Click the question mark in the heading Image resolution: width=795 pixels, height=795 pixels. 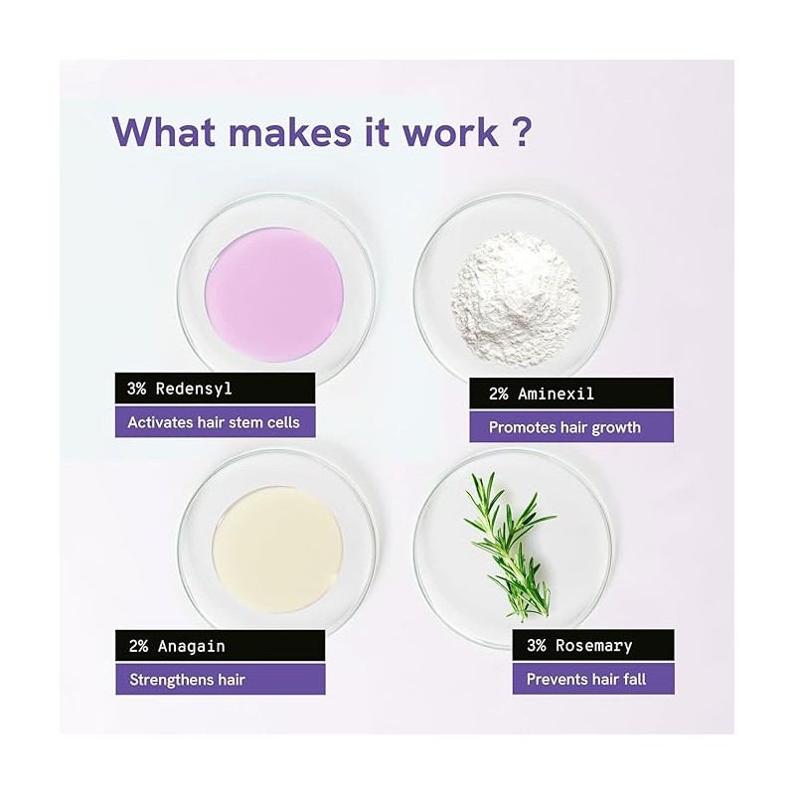coord(519,131)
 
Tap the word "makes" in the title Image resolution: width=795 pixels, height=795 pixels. coord(289,132)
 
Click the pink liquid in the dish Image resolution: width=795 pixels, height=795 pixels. coord(274,294)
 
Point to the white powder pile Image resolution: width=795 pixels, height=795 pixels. coord(515,299)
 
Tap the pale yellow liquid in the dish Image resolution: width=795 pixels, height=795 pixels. coord(277,551)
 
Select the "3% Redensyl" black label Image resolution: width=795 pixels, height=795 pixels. coord(215,389)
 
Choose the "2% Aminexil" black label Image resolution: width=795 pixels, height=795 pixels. coord(571,394)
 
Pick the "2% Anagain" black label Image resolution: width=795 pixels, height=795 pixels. coord(220,645)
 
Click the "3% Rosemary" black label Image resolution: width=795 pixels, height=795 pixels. coord(593,645)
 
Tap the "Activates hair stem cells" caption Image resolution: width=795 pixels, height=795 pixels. coord(215,421)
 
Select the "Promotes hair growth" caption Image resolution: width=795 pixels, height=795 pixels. coord(571,427)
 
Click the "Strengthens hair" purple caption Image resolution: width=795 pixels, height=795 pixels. coord(220,679)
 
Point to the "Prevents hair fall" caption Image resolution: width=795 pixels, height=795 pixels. coord(593,679)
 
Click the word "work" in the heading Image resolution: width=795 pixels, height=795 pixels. coord(450,132)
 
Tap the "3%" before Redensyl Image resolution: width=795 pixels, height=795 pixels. coord(136,389)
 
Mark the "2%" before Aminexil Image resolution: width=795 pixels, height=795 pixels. coord(499,394)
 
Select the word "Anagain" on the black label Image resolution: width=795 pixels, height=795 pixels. coord(191,647)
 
